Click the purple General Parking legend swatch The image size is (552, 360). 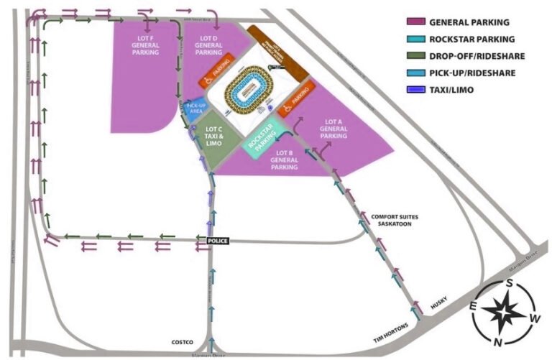click(x=415, y=22)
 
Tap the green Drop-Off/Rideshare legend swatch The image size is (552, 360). click(x=415, y=56)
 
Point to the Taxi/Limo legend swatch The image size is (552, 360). click(x=415, y=90)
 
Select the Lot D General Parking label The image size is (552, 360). click(x=208, y=45)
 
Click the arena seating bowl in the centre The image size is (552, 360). click(x=248, y=90)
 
